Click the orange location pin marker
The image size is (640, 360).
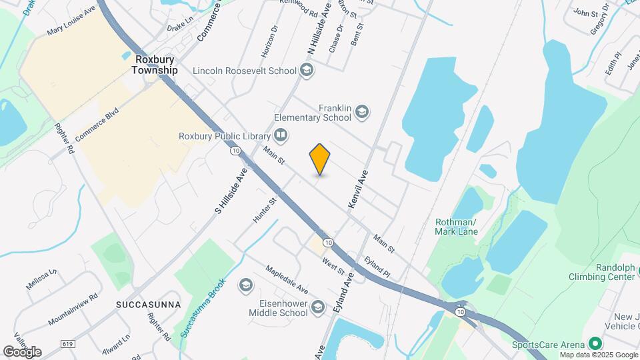(x=320, y=159)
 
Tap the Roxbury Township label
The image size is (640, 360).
(x=155, y=64)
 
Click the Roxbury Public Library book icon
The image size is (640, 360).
(x=281, y=136)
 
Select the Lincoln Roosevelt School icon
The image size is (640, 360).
(x=307, y=70)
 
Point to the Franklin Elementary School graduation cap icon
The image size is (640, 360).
(x=362, y=112)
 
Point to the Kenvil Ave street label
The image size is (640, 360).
(x=358, y=191)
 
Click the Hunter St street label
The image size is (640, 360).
(x=264, y=210)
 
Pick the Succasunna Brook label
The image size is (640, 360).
(x=204, y=307)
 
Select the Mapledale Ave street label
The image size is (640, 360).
(x=286, y=280)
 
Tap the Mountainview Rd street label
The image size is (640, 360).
(x=73, y=309)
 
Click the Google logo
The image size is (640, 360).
(x=22, y=351)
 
